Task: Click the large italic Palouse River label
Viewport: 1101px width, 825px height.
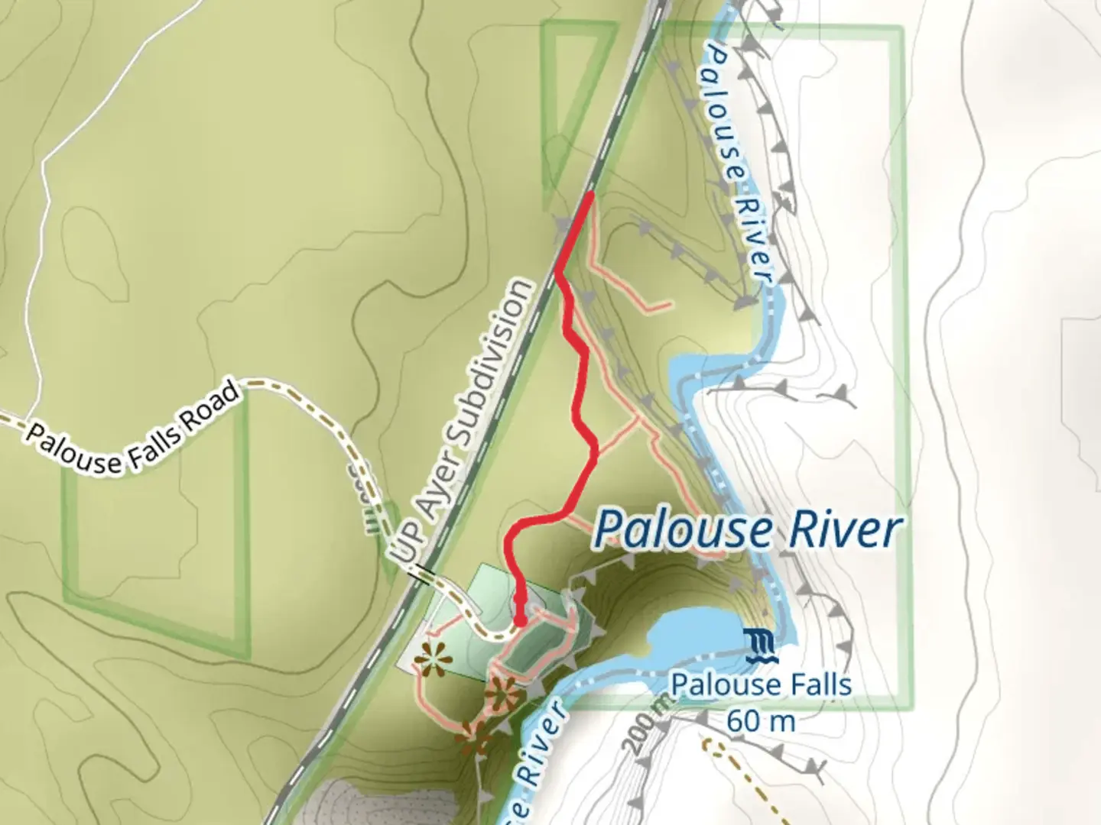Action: tap(748, 529)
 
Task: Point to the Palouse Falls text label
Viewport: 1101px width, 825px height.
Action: tap(762, 684)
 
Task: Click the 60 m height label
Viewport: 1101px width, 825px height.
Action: tap(762, 720)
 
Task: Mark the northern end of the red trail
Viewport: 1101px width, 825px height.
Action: tap(591, 196)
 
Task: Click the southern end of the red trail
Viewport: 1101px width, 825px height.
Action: tap(520, 621)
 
